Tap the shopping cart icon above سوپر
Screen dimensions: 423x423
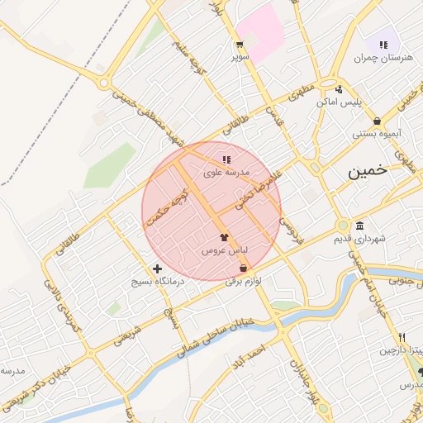pyautogui.click(x=239, y=45)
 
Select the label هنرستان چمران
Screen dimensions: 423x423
pyautogui.click(x=383, y=58)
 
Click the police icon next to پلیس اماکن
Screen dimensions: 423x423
pyautogui.click(x=339, y=89)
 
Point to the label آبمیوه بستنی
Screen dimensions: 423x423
pyautogui.click(x=377, y=133)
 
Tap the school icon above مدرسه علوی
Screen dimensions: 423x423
pyautogui.click(x=226, y=159)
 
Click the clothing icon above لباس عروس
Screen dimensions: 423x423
pyautogui.click(x=224, y=237)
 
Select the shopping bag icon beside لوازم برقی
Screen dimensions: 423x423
pyautogui.click(x=242, y=269)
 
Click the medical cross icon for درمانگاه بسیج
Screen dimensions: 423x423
pyautogui.click(x=157, y=269)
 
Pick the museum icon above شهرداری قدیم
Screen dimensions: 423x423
pyautogui.click(x=360, y=226)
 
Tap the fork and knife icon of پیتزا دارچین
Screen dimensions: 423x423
pyautogui.click(x=402, y=337)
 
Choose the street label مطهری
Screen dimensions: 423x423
pyautogui.click(x=302, y=93)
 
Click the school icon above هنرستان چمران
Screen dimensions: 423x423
pyautogui.click(x=383, y=45)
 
